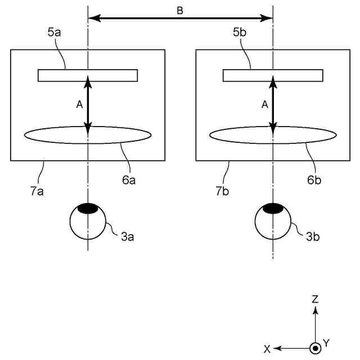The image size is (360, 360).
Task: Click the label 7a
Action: [38, 191]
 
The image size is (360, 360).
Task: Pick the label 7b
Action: [223, 191]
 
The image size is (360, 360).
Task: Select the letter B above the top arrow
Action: [180, 11]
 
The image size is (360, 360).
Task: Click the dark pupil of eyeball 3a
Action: [87, 209]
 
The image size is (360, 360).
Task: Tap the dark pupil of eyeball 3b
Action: [273, 209]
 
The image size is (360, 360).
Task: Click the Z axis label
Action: [316, 299]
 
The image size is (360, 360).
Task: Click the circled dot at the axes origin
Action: [316, 349]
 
